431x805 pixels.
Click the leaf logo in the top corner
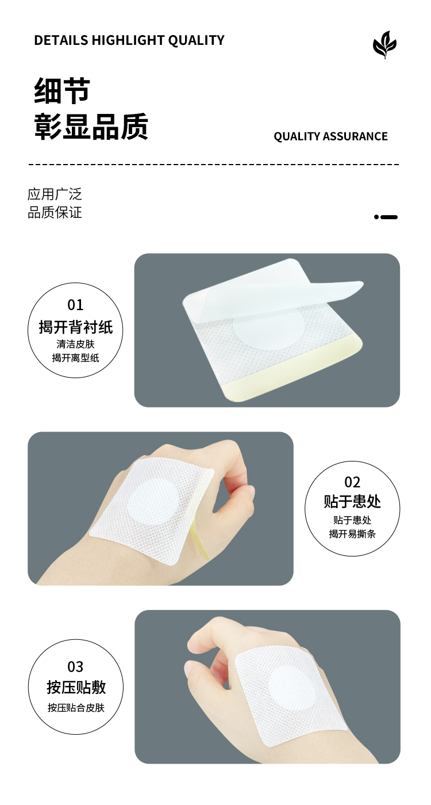point(384,45)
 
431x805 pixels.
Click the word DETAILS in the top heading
point(61,40)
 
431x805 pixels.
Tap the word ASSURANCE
point(355,136)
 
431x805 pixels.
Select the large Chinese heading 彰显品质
point(91,126)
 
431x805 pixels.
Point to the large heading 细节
point(62,91)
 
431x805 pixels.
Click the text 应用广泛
point(55,194)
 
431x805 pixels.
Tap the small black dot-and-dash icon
point(386,217)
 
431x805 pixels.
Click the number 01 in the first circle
point(75,305)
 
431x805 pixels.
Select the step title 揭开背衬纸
point(75,327)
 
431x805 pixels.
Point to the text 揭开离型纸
point(75,358)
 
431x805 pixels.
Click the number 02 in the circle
point(352,483)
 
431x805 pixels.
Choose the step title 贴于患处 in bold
point(352,501)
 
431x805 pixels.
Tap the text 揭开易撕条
point(352,534)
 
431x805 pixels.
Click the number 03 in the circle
point(75,667)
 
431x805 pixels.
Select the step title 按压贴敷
point(76,687)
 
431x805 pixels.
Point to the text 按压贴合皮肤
point(76,708)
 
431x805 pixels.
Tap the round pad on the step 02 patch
point(152,502)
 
